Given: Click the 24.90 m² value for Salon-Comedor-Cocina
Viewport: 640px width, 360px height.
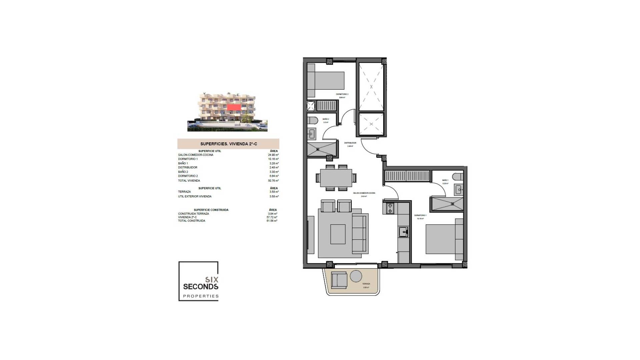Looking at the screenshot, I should tap(273, 155).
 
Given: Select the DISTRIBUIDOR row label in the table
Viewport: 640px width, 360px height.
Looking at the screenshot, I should tap(188, 168).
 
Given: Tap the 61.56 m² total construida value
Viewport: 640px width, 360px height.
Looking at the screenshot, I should tap(272, 221).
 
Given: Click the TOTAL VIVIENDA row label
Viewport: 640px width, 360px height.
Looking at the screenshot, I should tap(189, 181).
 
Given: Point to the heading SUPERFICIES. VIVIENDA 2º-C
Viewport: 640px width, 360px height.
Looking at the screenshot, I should tap(228, 144).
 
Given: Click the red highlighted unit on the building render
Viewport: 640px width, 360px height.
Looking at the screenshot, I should tap(234, 107).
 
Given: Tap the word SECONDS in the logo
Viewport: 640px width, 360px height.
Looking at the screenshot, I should tap(201, 287).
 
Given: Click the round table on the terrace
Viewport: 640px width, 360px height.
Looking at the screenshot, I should tap(356, 276).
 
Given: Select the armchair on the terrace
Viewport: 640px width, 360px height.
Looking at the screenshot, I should tap(339, 280).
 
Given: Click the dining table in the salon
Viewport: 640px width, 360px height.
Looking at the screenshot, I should tap(336, 178).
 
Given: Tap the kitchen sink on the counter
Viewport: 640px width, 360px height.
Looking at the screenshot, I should tap(403, 232).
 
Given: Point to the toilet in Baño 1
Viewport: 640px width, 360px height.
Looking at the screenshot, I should tap(458, 176).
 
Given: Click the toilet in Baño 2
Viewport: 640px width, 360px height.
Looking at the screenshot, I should tap(312, 120).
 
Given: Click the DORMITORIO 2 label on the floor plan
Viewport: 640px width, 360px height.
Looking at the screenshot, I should tap(342, 94).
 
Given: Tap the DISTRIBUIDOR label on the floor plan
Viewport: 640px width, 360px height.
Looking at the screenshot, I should tap(350, 143).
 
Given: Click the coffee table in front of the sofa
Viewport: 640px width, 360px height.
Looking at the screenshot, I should tap(338, 234).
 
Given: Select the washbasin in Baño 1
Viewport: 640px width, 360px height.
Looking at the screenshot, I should tap(459, 190).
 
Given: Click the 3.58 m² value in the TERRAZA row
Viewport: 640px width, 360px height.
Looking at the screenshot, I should tap(274, 192).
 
